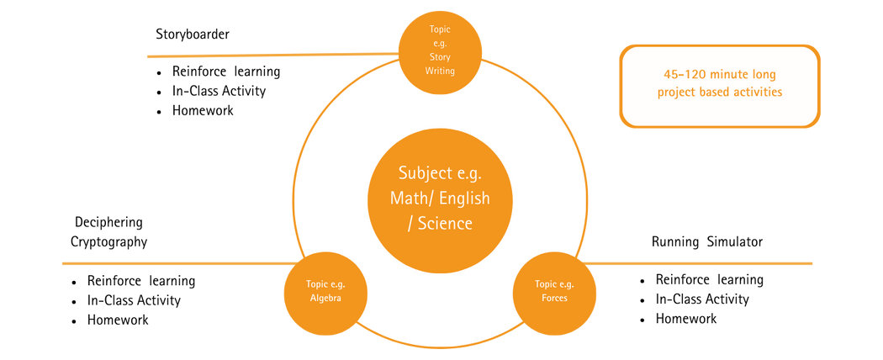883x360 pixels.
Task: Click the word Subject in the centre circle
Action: pos(422,173)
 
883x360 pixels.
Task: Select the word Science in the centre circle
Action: pos(447,224)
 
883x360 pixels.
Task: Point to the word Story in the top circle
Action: pos(439,57)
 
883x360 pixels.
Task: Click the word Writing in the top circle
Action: pos(439,71)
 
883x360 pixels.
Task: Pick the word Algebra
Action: pos(325,298)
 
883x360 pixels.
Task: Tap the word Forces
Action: pos(555,298)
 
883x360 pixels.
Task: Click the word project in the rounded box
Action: pos(678,92)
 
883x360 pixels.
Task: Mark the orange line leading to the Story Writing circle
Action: pos(269,56)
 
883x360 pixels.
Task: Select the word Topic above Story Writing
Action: pos(439,30)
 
